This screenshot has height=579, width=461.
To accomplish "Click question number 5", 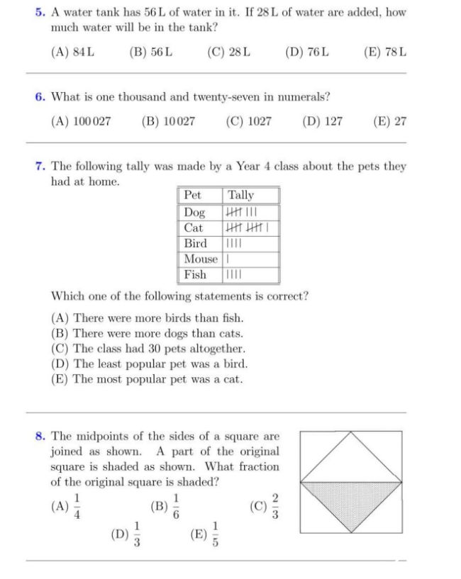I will coord(40,13).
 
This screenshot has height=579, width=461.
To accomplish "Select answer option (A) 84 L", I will coord(73,52).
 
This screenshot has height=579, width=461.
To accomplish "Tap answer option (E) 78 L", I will coord(384,52).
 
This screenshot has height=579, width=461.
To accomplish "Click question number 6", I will coord(40,96).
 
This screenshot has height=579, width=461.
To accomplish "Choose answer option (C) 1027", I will coord(248,121).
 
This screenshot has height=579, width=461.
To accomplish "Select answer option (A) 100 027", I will coord(81,121).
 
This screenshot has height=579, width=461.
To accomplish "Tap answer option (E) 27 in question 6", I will coord(389,121).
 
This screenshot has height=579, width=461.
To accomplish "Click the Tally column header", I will coord(240,195).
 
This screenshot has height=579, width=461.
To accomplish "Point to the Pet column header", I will coord(192,195).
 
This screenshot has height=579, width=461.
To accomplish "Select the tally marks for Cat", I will coord(245,228).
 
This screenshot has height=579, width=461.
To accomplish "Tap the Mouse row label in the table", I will coord(200,259).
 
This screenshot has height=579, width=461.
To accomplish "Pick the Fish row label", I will coord(195,274).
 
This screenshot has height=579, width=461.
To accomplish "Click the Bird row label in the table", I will coord(195,243).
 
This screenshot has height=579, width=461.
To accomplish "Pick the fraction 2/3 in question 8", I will coord(275,506).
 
